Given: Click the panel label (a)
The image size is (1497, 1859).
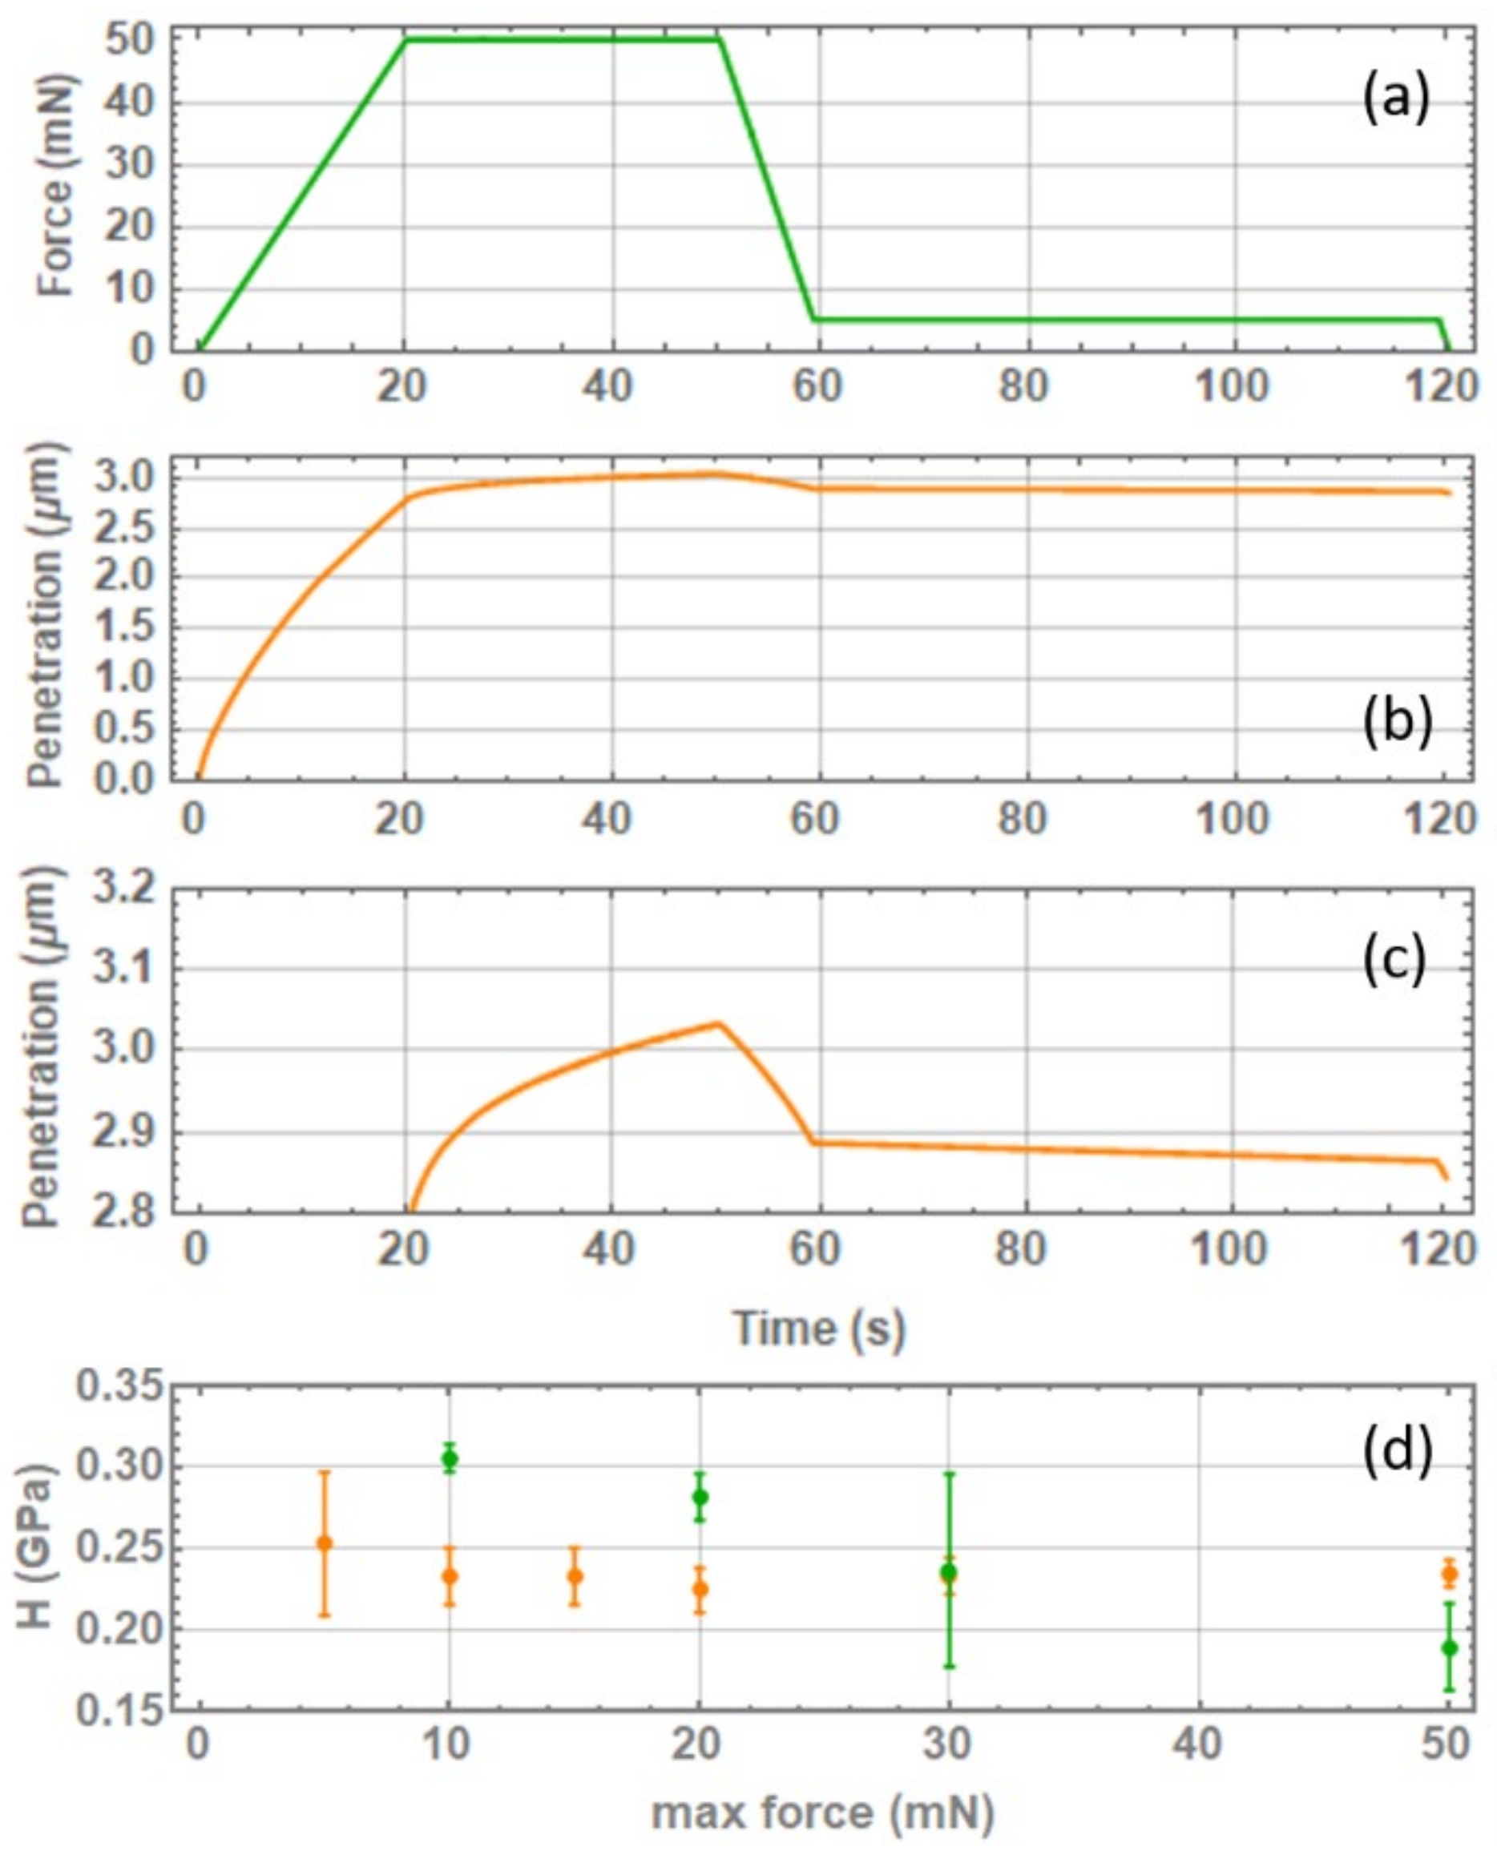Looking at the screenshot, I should tap(1395, 99).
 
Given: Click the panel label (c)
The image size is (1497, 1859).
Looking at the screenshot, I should tap(1395, 960).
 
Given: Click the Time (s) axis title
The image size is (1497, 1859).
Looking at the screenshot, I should tap(818, 1329).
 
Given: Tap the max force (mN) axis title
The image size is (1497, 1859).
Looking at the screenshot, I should tap(823, 1813).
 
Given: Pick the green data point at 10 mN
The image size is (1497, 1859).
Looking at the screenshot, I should tap(450, 1459).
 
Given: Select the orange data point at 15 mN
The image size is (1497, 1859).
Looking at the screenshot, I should tap(575, 1577).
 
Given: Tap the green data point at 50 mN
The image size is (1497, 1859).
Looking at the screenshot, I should tap(1450, 1647).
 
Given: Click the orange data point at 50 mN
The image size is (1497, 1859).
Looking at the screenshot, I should tap(1450, 1574).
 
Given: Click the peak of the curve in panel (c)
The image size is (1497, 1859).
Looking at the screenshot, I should tap(716, 1023).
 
